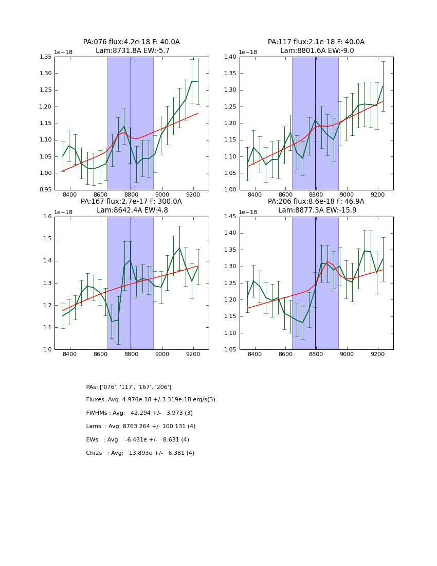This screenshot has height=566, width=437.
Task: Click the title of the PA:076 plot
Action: (x=132, y=46)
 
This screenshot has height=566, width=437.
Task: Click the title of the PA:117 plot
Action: (x=316, y=46)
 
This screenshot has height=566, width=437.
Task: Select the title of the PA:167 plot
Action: (x=132, y=206)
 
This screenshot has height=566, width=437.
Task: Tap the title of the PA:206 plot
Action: (x=316, y=206)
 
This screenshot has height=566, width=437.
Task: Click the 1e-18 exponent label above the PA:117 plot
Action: (x=249, y=52)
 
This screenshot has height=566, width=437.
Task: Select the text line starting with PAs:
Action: (x=129, y=387)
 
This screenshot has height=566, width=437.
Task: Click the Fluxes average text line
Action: (x=151, y=400)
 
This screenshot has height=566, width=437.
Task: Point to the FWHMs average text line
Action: (x=139, y=413)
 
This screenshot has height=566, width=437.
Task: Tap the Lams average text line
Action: (x=141, y=427)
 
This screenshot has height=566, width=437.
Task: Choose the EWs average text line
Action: (x=138, y=440)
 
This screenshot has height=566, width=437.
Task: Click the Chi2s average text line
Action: (x=140, y=453)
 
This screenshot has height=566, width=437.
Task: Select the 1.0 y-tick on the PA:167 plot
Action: (x=48, y=350)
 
